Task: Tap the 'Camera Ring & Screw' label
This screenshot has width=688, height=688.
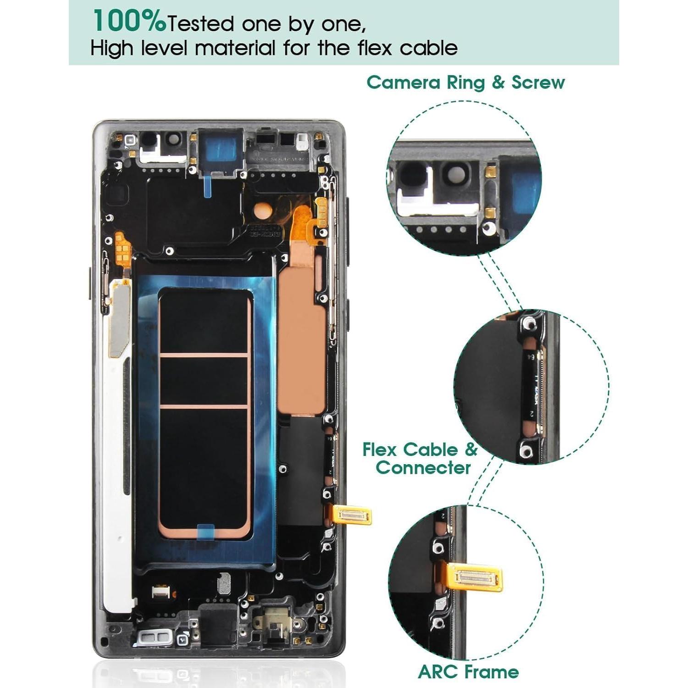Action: point(466,83)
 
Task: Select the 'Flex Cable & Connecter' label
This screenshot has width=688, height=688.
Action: point(420,459)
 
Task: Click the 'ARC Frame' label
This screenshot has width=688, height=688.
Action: point(468,672)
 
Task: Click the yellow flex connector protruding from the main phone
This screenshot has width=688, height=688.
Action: point(352,516)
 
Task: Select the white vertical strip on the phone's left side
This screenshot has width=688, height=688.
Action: point(116,459)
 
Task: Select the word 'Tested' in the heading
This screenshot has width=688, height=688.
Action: point(201,24)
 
